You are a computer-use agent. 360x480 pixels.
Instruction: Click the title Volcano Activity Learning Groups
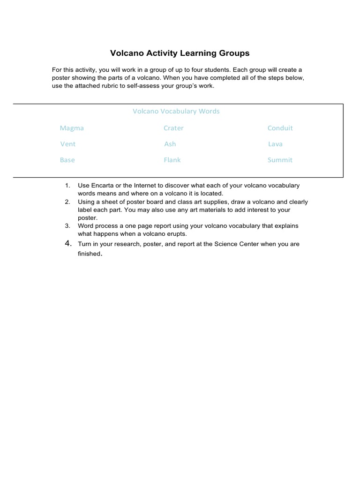click(180, 53)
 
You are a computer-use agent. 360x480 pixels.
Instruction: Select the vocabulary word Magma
click(72, 128)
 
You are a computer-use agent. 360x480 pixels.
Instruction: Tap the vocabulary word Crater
click(173, 128)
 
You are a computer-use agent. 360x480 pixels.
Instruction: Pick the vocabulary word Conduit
click(280, 128)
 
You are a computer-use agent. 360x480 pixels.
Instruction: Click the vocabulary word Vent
click(67, 144)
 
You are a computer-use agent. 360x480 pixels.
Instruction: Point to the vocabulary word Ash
click(170, 144)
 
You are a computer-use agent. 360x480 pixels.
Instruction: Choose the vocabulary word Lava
click(275, 144)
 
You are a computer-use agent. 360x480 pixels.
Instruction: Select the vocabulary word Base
click(67, 160)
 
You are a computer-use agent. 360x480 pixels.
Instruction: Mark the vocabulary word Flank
click(172, 160)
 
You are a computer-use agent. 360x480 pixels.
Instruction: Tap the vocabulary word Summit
click(280, 160)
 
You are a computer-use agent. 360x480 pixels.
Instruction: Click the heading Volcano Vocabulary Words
click(176, 112)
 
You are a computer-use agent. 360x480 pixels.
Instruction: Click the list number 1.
click(67, 186)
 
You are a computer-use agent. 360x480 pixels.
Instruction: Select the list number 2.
click(67, 202)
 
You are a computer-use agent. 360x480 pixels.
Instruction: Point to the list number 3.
click(67, 226)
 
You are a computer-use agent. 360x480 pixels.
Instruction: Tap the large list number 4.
click(67, 243)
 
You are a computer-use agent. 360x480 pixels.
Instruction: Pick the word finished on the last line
click(89, 254)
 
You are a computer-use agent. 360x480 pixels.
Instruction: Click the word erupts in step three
click(176, 233)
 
